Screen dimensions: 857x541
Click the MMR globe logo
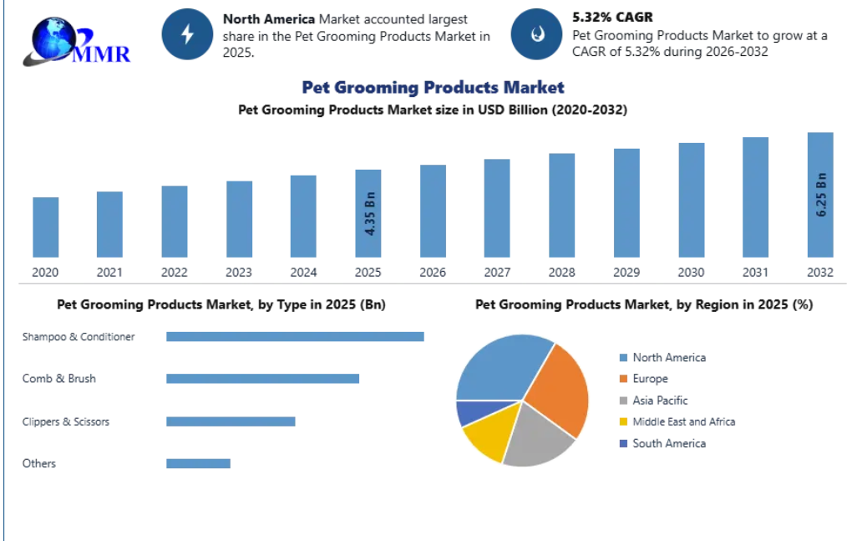(x=77, y=42)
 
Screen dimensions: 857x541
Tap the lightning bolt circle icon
(x=187, y=34)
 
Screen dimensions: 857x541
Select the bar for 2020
(x=45, y=227)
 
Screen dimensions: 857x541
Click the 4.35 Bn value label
(x=370, y=213)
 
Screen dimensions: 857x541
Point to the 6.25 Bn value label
(x=821, y=195)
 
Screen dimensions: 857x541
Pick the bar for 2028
(x=562, y=205)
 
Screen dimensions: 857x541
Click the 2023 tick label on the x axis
(x=239, y=273)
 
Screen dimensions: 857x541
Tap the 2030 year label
(x=691, y=273)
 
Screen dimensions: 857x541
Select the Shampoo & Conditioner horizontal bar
(x=295, y=336)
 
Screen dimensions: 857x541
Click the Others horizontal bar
(x=199, y=463)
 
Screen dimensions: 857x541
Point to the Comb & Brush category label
(x=59, y=379)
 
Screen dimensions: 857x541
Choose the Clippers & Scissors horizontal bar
(x=231, y=421)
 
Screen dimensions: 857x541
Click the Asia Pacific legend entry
(x=654, y=401)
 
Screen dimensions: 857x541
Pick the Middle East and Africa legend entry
(x=677, y=421)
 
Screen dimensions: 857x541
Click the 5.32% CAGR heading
(x=613, y=17)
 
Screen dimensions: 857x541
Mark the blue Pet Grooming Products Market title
(x=433, y=88)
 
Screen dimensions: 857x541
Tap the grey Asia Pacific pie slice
(x=535, y=437)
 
